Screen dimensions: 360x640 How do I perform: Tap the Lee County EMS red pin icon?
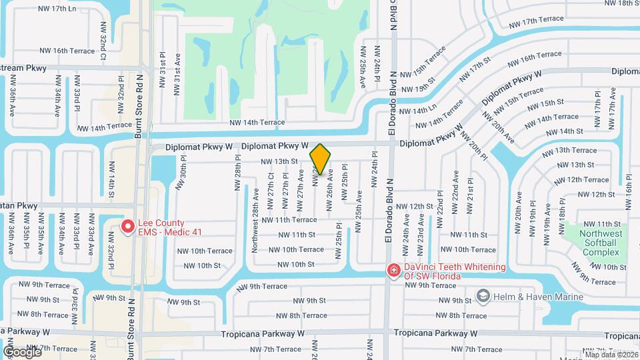(x=127, y=227)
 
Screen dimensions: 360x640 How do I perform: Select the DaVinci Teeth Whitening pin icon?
(x=394, y=271)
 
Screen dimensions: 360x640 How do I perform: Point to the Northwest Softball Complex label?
(x=601, y=243)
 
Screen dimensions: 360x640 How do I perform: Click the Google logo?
(x=21, y=351)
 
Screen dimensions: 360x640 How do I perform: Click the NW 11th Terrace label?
(x=289, y=219)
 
